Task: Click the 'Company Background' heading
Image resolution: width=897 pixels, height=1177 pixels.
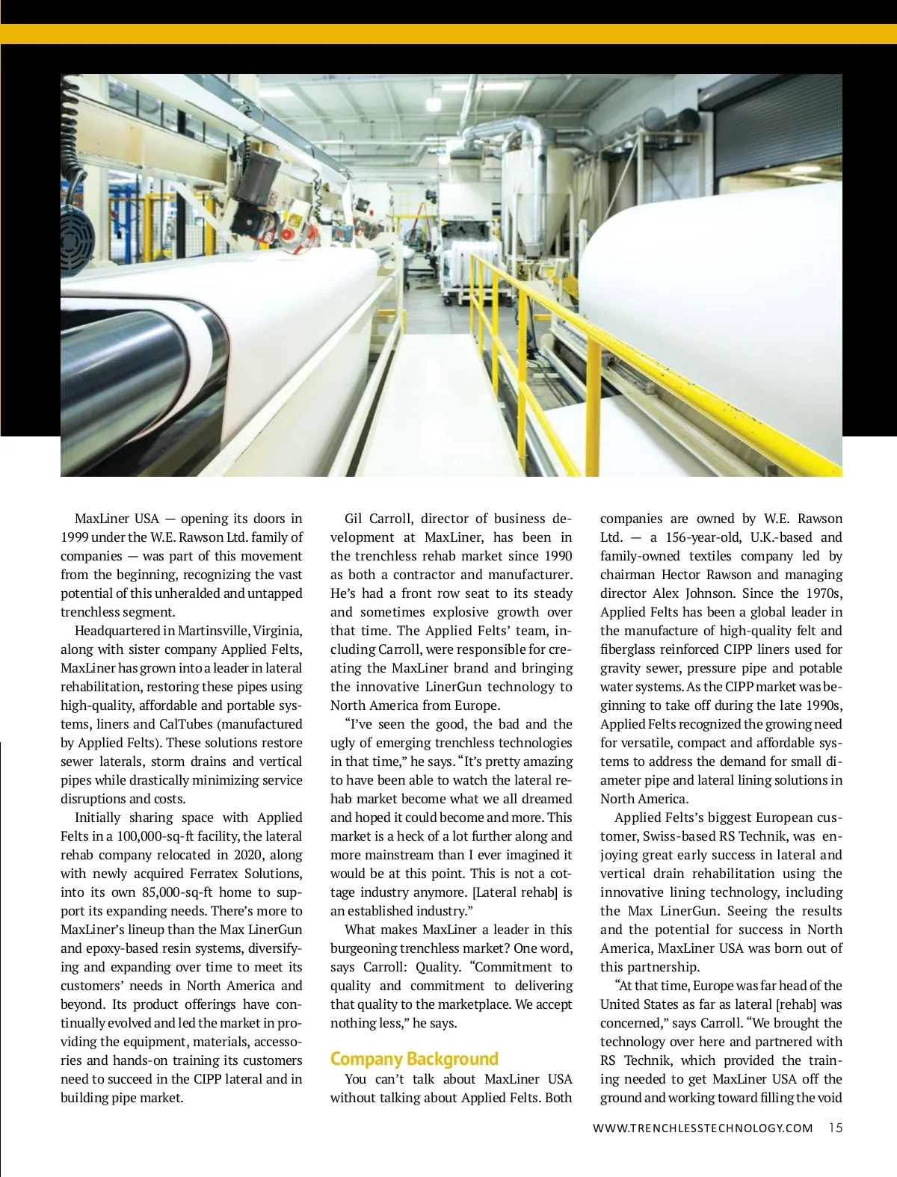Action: (x=414, y=1059)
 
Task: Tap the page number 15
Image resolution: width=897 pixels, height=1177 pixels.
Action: (x=835, y=1128)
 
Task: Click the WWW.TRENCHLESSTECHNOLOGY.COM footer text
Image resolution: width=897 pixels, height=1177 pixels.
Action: (x=703, y=1128)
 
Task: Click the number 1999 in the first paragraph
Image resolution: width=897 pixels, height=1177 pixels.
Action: (x=77, y=537)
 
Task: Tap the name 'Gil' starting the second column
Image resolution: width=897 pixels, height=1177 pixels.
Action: (x=354, y=519)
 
